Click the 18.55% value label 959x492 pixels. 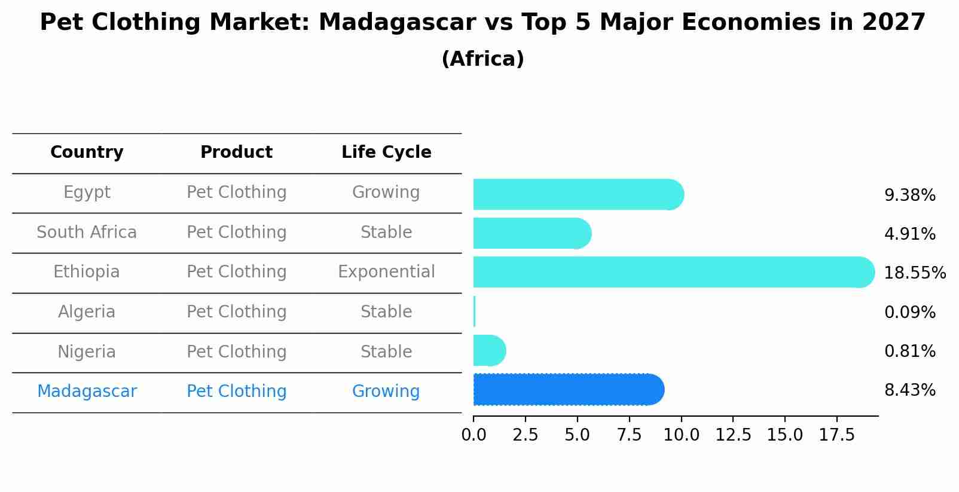click(914, 273)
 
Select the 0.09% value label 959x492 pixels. click(909, 312)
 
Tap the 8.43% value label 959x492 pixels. click(909, 390)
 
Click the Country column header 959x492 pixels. click(87, 152)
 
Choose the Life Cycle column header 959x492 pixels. click(386, 152)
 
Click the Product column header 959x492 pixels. click(236, 152)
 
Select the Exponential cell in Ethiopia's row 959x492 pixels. click(386, 272)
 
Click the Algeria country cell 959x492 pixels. click(87, 312)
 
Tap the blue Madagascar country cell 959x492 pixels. click(87, 392)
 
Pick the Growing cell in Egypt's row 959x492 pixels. click(386, 192)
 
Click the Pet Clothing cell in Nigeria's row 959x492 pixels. click(236, 352)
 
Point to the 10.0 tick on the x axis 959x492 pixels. click(681, 435)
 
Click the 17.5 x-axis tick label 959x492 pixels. click(836, 435)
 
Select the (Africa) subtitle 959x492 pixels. click(482, 59)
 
